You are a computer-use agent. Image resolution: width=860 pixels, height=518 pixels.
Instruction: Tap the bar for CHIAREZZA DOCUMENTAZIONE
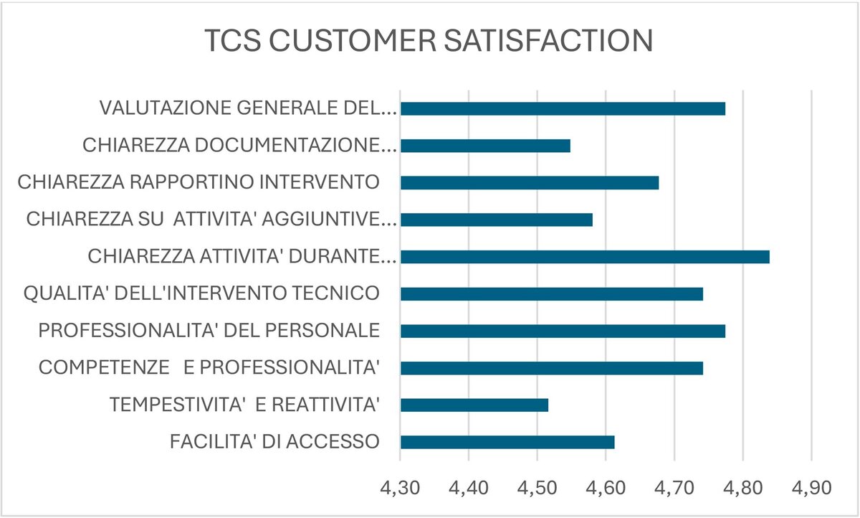tap(485, 146)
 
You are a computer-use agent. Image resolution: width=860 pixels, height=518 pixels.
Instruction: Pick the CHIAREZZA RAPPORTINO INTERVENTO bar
tap(529, 183)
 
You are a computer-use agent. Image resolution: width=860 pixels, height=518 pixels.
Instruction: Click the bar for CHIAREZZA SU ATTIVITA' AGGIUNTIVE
tap(496, 220)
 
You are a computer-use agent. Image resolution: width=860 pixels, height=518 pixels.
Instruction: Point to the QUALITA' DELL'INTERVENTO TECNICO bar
tap(551, 294)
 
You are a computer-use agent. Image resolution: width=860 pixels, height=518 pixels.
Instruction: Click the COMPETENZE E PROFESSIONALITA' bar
tap(551, 368)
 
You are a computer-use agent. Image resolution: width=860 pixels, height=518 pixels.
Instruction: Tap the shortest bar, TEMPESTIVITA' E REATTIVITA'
tap(474, 405)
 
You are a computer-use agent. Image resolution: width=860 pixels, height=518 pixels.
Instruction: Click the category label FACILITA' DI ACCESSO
tap(274, 441)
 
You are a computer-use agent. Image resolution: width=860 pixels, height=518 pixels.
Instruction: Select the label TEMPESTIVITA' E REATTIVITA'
tap(244, 405)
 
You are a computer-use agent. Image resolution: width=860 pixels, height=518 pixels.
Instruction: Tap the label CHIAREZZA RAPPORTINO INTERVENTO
tap(199, 182)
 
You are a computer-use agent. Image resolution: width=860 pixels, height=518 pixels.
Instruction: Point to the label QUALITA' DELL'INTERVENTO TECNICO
tap(201, 293)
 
